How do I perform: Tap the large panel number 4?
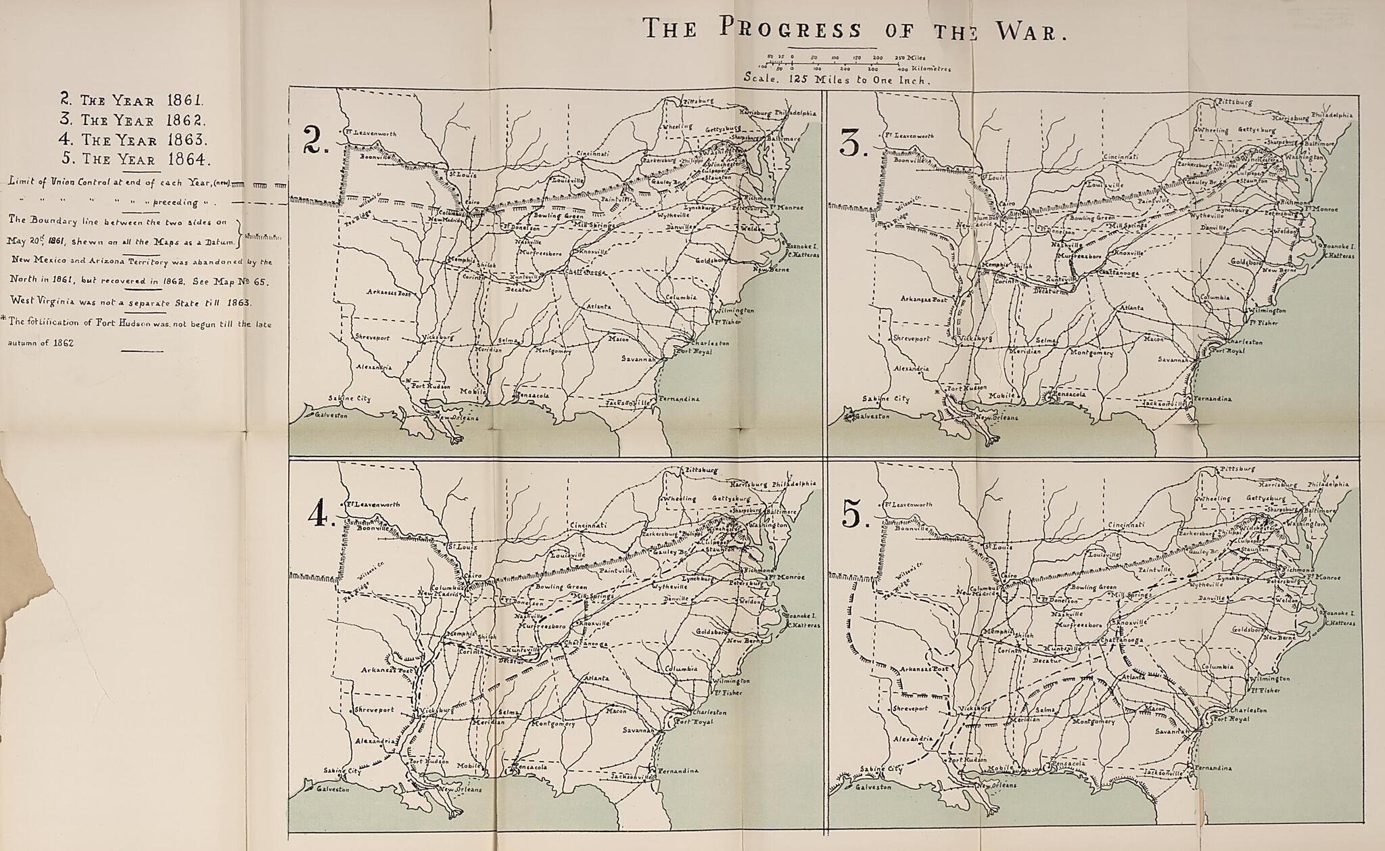click(318, 517)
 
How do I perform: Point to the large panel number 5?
click(856, 517)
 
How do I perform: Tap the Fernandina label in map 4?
click(678, 770)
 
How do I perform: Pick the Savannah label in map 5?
click(1171, 731)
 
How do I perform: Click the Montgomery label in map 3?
click(1091, 352)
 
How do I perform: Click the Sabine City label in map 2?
click(350, 398)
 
